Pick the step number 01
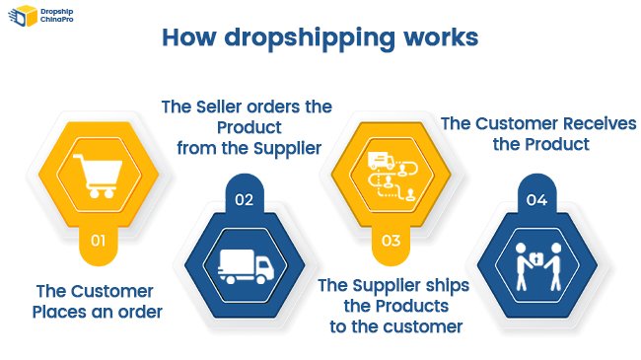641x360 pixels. (x=98, y=240)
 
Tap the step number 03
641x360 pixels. (x=391, y=240)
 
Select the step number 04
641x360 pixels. (x=536, y=200)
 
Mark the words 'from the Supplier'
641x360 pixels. (x=249, y=148)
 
